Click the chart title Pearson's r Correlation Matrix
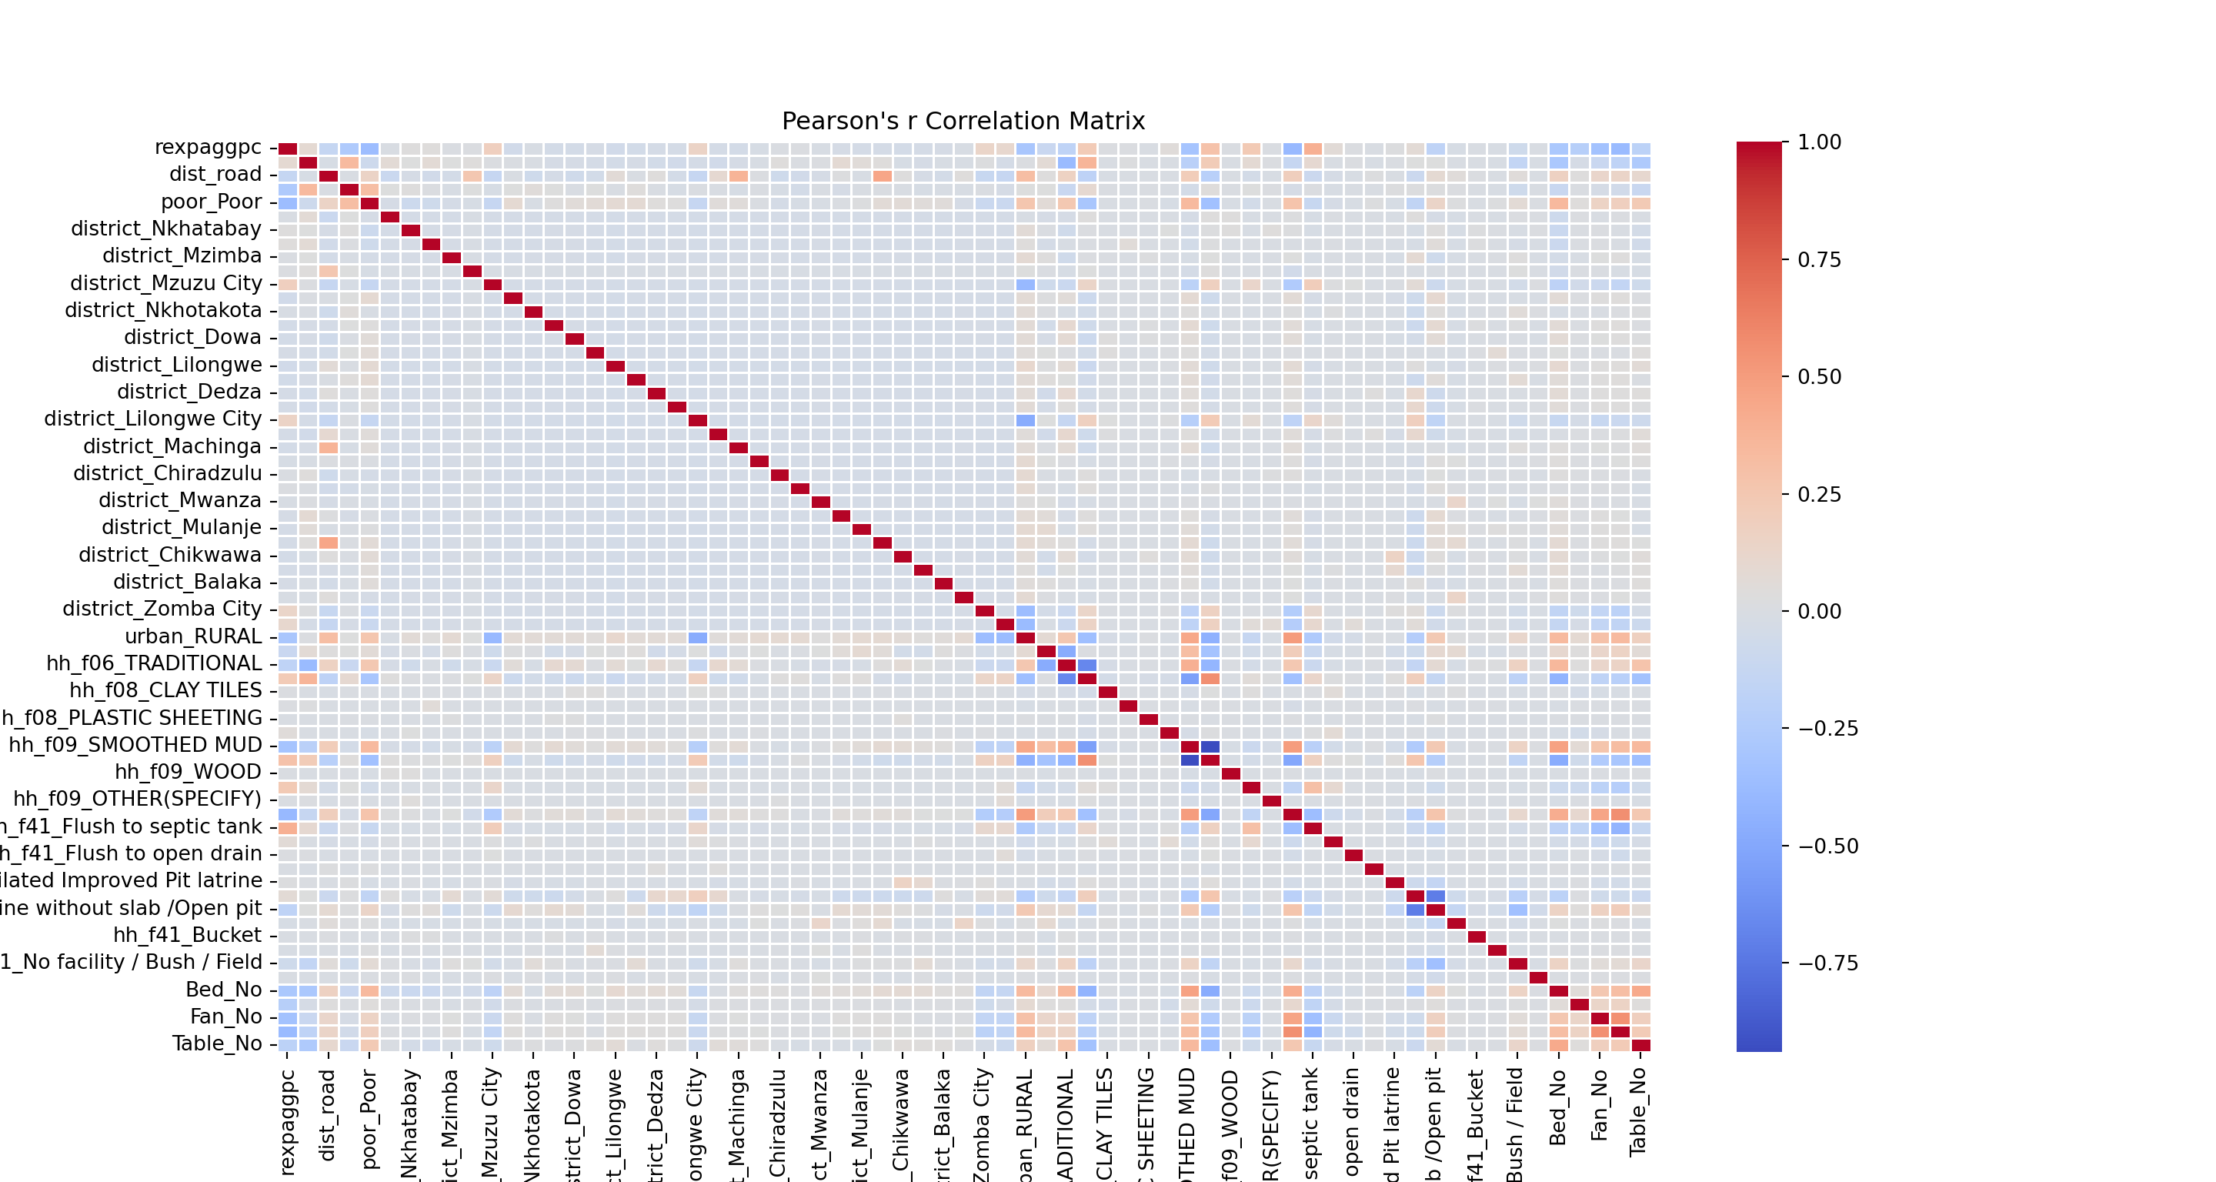963,122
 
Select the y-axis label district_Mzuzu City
166,284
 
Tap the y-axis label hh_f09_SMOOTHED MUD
135,745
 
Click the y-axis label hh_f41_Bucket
187,935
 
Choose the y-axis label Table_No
217,1044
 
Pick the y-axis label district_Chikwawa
169,555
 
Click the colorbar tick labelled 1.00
1820,143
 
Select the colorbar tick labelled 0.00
1820,612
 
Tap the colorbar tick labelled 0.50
1820,378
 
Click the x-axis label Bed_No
1557,1107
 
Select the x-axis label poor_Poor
369,1118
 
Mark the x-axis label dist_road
328,1115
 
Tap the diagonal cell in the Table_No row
1640,1045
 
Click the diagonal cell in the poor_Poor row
370,203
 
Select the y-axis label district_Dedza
189,392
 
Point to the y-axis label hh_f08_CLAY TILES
165,691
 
